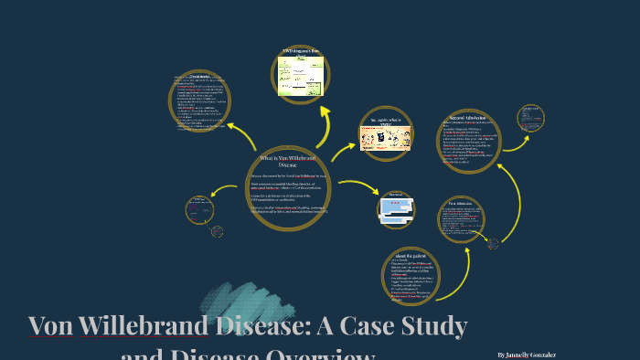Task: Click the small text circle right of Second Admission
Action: click(531, 117)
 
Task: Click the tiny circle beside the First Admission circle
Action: click(493, 243)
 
